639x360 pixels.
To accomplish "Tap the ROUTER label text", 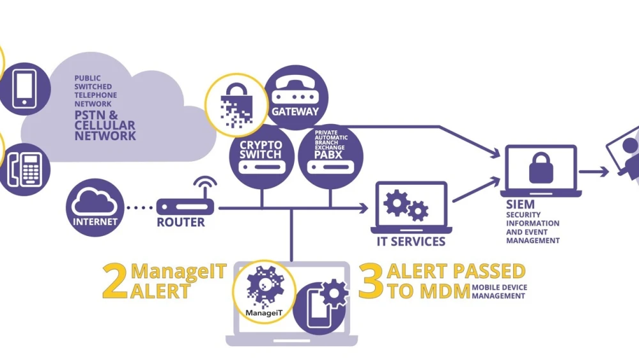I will (181, 223).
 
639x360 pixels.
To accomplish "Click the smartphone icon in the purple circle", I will (24, 88).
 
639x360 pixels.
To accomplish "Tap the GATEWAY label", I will (295, 111).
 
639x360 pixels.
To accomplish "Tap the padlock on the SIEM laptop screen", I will (541, 168).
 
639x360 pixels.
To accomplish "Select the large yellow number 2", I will (114, 281).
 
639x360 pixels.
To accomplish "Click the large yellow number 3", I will (371, 281).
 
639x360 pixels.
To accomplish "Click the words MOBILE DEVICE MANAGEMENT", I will (500, 292).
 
